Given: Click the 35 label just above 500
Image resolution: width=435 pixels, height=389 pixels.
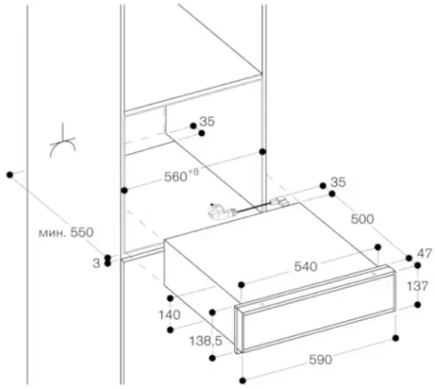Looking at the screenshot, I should tap(340, 183).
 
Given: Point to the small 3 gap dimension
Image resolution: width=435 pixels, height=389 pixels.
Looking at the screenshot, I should tap(95, 260).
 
